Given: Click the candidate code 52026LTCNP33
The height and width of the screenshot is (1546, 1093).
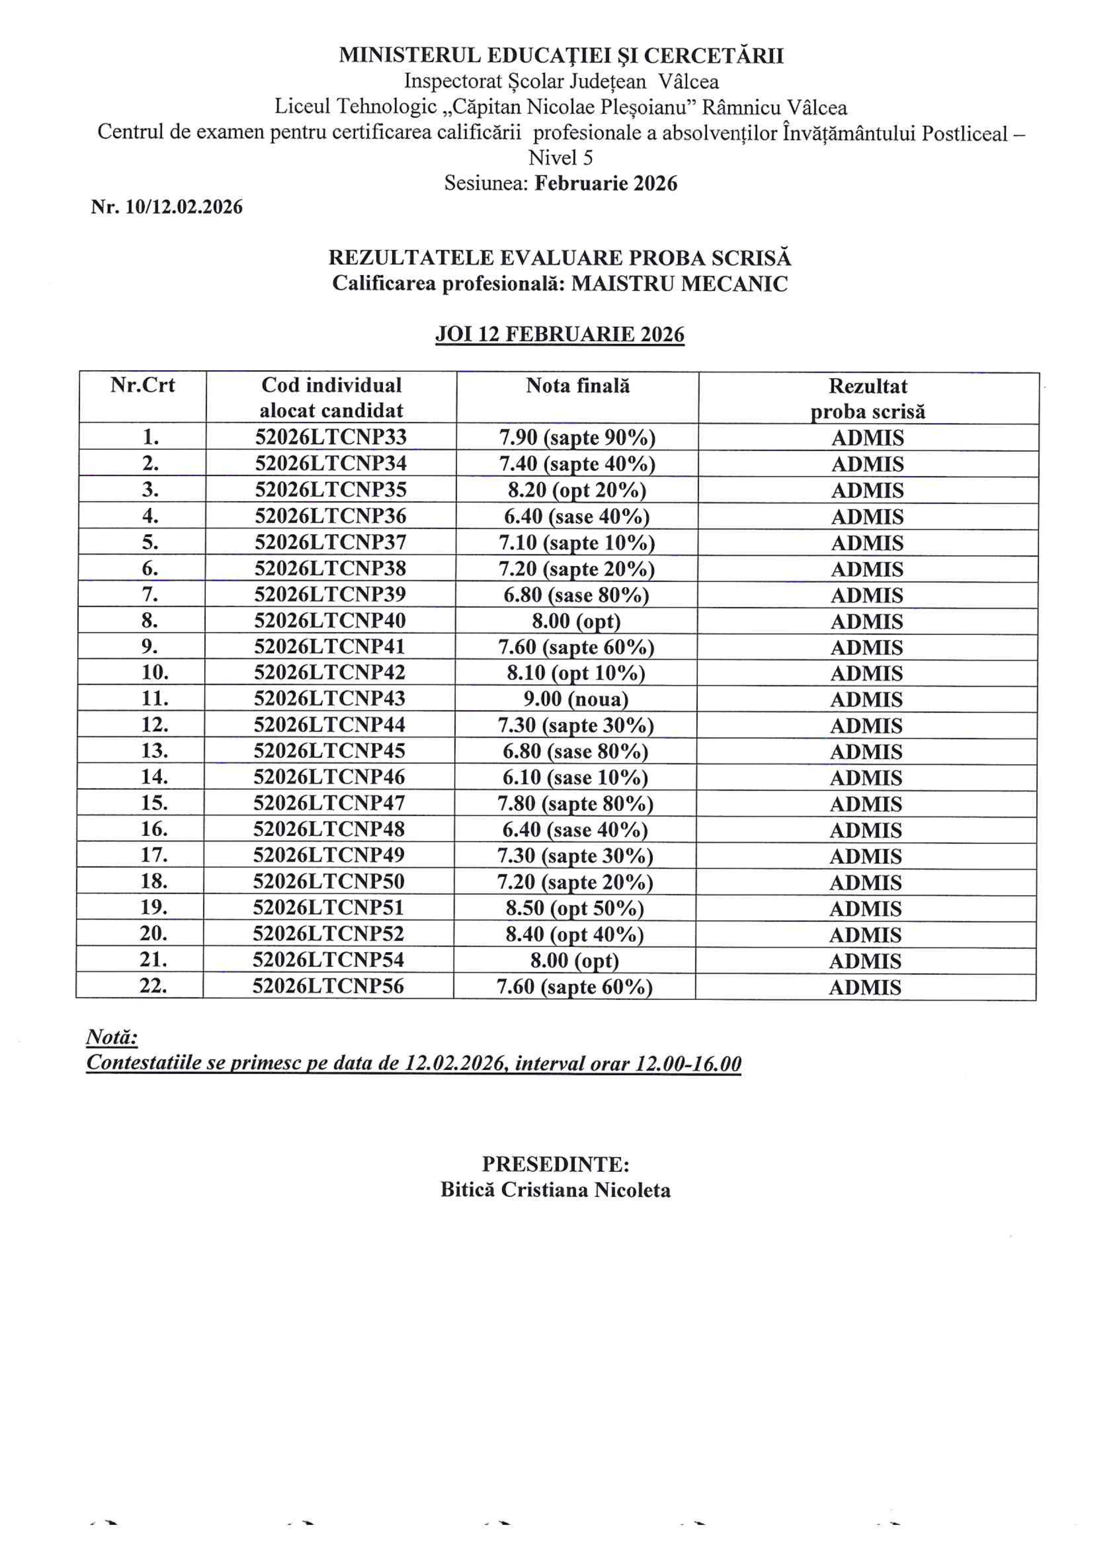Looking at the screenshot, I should click(331, 438).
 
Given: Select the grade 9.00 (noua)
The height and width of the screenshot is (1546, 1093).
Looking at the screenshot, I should click(576, 699).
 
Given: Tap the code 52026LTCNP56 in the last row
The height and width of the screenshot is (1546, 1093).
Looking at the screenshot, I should click(328, 987).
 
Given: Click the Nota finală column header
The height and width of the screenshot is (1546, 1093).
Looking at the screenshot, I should click(578, 386).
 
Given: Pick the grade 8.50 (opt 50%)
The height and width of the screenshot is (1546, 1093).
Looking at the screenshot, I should click(574, 909).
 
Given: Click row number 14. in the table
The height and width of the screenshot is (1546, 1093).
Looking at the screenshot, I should click(154, 777).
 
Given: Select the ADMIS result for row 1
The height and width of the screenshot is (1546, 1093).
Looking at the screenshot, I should click(867, 438).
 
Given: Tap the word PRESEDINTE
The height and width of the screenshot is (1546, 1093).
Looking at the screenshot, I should click(556, 1164).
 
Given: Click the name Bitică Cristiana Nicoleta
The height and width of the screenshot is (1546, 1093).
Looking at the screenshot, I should click(556, 1191).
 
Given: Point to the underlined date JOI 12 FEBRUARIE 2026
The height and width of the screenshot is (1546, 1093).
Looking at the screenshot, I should click(560, 335).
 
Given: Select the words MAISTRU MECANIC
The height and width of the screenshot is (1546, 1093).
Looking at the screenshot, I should click(679, 283).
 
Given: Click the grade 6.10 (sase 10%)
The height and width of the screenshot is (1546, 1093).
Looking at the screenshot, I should click(575, 778).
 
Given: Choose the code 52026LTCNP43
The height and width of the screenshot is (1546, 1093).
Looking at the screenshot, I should click(329, 698).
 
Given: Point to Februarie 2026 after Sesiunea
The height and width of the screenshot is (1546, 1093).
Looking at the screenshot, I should click(606, 183).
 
